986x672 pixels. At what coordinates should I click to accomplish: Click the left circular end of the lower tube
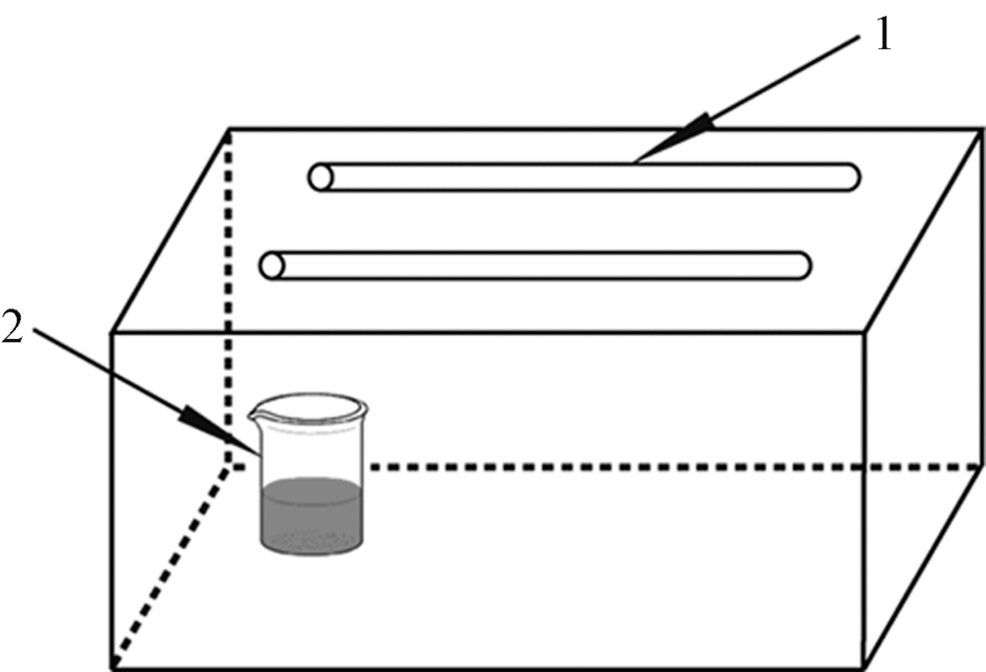tap(271, 265)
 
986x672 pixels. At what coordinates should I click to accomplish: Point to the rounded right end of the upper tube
tap(850, 177)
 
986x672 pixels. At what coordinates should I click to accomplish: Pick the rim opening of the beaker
tap(309, 405)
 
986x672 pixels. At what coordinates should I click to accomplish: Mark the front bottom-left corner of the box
tap(110, 667)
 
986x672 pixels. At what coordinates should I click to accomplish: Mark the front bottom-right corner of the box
tap(865, 667)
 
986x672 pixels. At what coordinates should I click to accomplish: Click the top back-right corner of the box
tap(982, 130)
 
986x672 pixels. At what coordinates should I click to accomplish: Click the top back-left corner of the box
tap(231, 130)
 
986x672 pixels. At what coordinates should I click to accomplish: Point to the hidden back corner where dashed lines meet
tap(231, 464)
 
